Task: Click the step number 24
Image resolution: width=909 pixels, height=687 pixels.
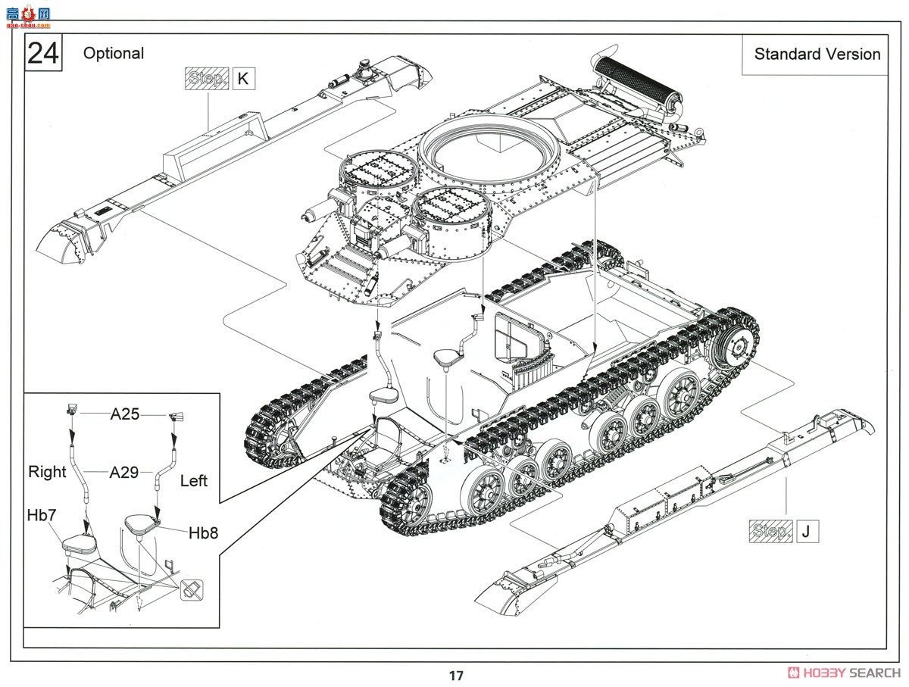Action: click(43, 53)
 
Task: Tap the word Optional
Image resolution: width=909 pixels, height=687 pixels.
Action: click(114, 54)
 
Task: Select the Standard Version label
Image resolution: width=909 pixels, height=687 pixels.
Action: click(817, 55)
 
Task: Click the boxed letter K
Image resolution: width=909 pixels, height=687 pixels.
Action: click(243, 78)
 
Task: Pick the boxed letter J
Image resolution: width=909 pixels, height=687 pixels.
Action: click(807, 531)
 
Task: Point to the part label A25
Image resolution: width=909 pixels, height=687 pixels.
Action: click(125, 414)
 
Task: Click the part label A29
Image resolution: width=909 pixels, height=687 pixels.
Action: click(123, 473)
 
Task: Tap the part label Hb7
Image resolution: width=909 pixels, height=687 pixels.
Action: click(42, 515)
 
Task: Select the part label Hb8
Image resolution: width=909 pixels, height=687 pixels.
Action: click(203, 533)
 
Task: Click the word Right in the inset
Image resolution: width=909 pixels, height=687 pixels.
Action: click(47, 472)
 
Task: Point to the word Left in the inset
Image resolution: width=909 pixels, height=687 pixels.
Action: click(194, 481)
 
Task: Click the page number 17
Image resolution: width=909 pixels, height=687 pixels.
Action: click(456, 676)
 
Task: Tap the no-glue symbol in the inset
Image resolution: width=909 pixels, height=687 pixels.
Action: click(192, 590)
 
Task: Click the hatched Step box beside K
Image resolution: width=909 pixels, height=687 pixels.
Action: click(207, 78)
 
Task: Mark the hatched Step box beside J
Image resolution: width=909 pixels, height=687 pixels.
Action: click(770, 531)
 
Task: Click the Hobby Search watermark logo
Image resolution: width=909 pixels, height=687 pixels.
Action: click(844, 673)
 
